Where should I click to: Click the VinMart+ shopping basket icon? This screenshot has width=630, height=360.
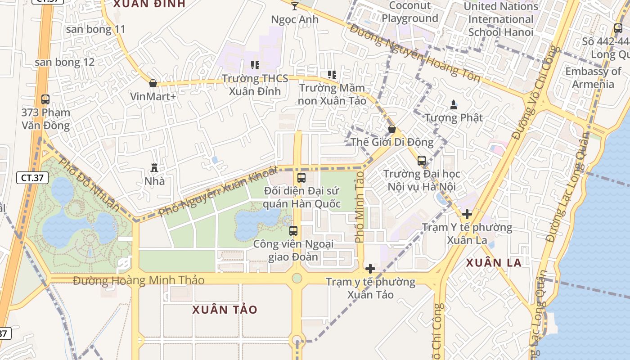coord(153,83)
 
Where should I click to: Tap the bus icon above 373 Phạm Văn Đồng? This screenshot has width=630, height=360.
coord(45,99)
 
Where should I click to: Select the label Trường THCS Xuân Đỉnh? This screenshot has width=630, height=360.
coord(255,85)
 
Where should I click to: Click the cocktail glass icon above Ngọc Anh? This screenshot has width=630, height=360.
coord(295,6)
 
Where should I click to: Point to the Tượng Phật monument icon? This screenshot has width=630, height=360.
coord(454,105)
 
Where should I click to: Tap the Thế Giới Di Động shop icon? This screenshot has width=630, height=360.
coord(392,129)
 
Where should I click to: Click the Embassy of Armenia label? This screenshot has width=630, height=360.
coord(593,77)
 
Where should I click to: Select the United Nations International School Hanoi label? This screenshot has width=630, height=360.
coord(500,19)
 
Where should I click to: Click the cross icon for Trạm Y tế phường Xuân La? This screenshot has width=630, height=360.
coord(467,214)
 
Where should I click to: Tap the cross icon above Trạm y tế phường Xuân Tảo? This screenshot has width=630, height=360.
coord(370,269)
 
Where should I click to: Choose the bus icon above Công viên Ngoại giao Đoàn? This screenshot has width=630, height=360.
coord(293,231)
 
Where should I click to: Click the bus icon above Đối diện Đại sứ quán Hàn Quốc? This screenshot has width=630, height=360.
coord(301,177)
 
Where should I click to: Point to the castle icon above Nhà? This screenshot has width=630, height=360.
coord(154,168)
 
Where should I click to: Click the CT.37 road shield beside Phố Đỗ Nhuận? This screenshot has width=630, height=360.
coord(32,178)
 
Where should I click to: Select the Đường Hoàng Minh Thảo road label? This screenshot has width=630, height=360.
coord(139,281)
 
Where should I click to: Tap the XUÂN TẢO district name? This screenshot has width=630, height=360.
coord(225,310)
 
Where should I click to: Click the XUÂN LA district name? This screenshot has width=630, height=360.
coord(494,263)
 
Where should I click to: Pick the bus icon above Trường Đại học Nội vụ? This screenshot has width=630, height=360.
coord(422,161)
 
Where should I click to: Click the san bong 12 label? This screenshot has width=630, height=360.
coord(65,62)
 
